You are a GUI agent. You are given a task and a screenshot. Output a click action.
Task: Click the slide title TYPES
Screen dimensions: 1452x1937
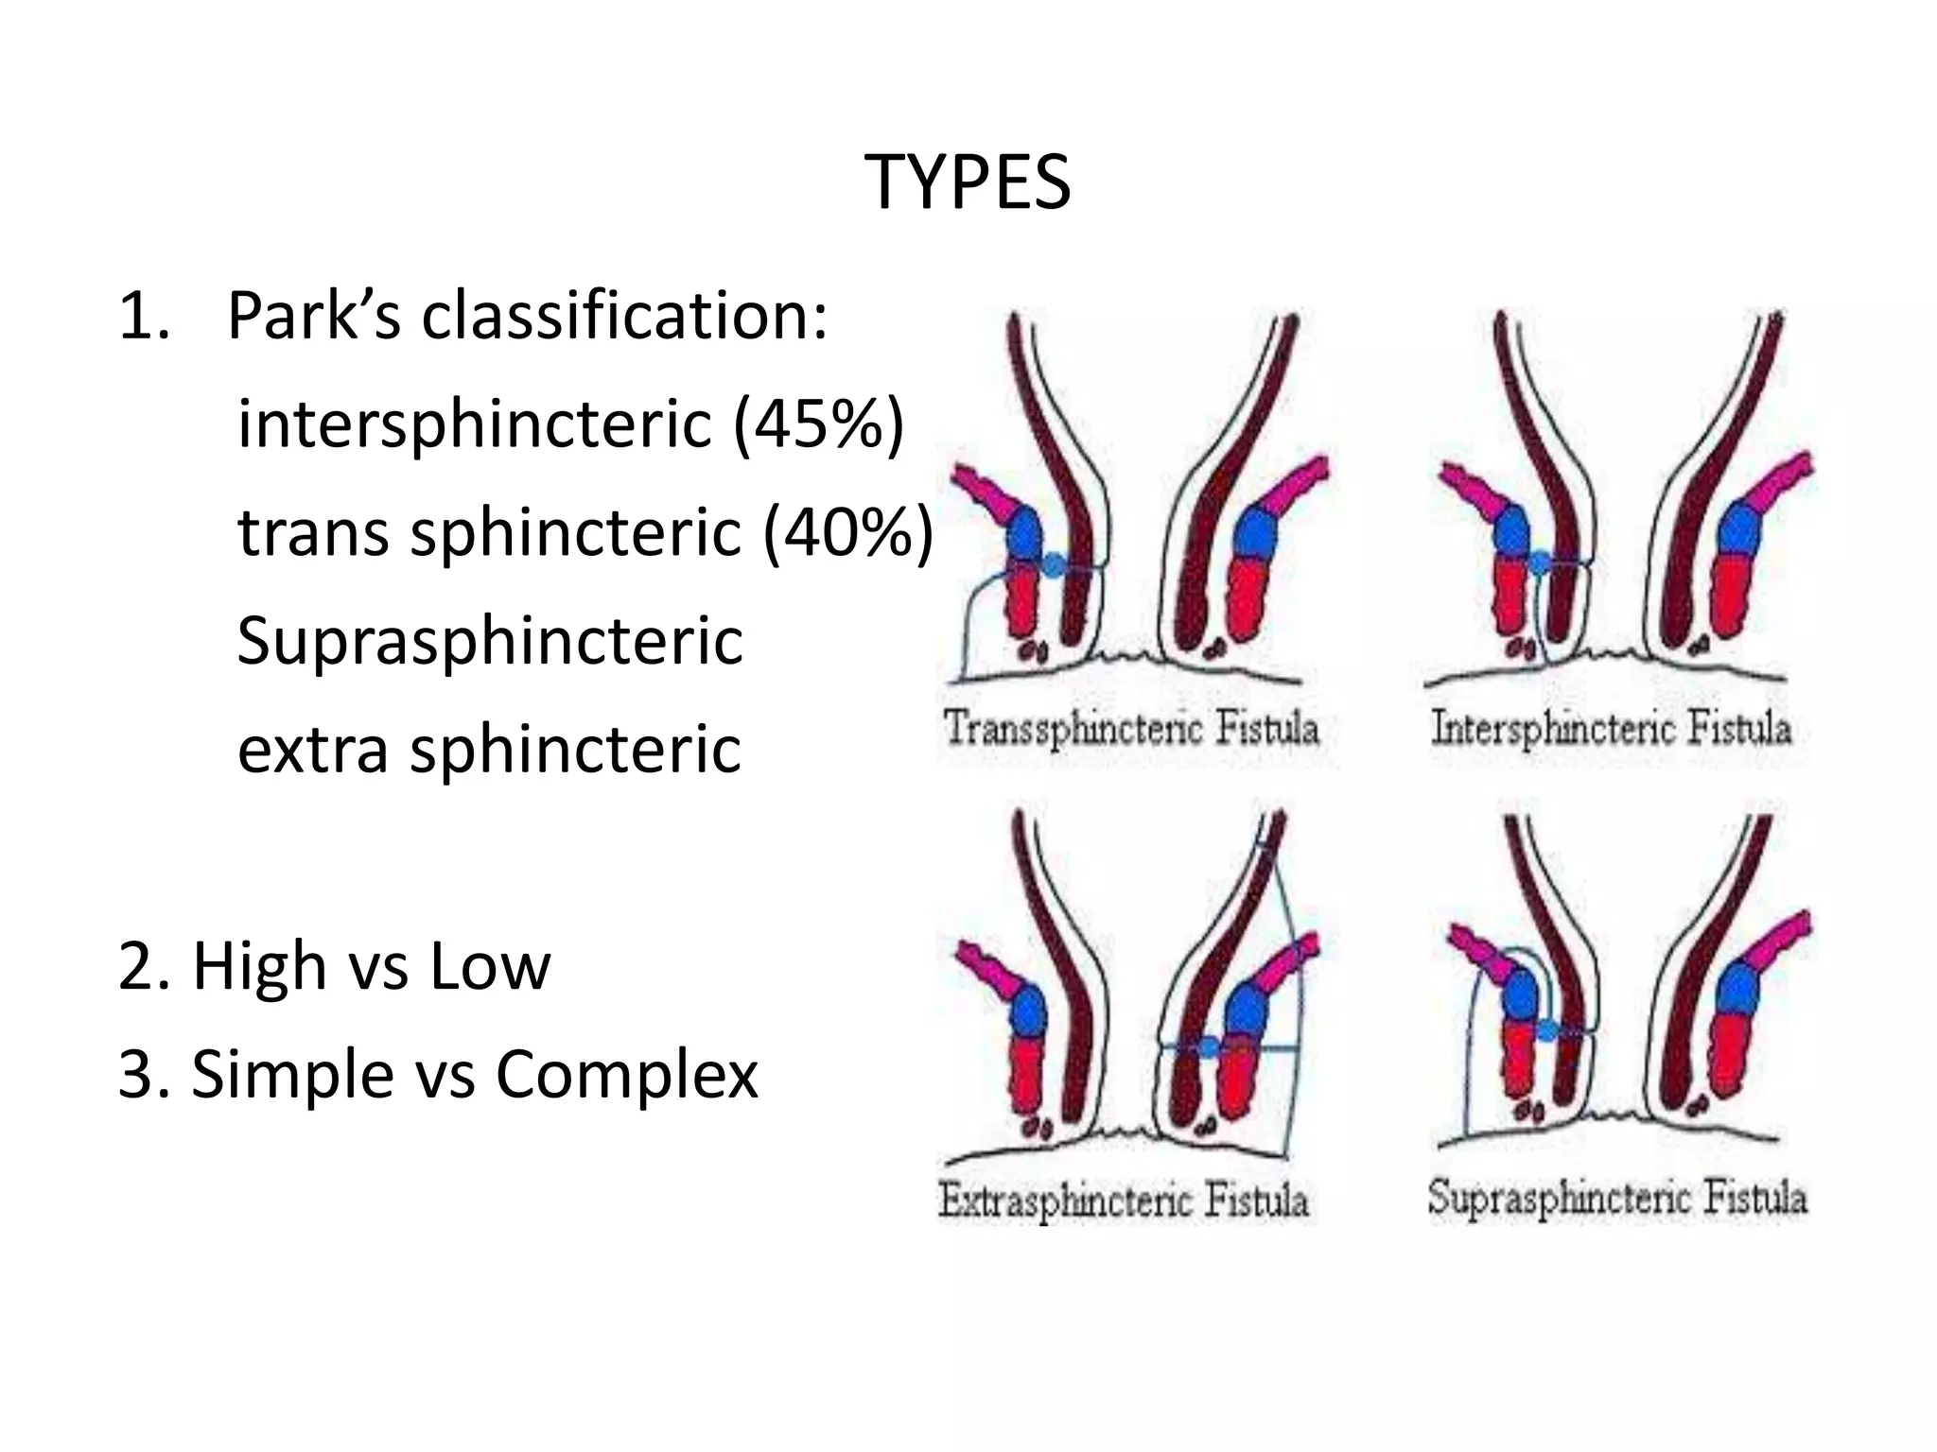[968, 182]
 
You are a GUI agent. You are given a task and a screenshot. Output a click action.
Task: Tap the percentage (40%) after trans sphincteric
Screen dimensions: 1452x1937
[848, 531]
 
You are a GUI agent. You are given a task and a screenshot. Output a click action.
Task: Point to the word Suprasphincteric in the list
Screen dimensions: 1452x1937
[490, 641]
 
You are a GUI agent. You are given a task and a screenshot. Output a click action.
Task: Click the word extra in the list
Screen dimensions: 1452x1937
[312, 750]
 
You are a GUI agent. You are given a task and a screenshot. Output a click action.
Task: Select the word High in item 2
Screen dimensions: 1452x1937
[257, 966]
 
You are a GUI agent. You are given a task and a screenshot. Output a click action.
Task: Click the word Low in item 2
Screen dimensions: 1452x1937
[489, 966]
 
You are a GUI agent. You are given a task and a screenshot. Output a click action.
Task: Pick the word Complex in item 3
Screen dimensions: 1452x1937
[626, 1075]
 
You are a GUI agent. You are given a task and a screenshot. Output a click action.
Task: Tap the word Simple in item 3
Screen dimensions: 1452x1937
[292, 1075]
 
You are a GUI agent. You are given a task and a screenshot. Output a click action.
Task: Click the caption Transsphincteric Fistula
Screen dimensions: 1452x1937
[1131, 728]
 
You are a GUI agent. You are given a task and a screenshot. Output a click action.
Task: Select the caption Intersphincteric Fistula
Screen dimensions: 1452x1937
[1611, 728]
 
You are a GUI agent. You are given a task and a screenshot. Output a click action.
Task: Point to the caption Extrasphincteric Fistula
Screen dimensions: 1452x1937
[1124, 1201]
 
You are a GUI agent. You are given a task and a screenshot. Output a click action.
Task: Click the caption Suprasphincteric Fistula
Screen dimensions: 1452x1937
[1617, 1198]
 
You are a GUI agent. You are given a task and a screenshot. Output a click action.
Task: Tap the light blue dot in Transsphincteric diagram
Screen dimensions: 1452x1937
[1053, 565]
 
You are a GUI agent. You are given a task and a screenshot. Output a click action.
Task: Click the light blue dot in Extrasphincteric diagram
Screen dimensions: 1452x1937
[1208, 1046]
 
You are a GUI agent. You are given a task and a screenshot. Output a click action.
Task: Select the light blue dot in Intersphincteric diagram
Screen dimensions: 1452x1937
[1540, 563]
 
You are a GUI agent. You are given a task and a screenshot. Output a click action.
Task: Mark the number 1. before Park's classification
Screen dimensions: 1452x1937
[144, 317]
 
